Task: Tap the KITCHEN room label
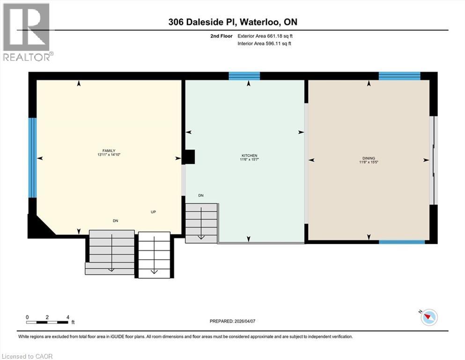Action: (249, 156)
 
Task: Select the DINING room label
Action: (369, 158)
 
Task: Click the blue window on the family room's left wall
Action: (32, 157)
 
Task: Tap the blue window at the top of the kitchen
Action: (244, 76)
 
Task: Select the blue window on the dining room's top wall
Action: (399, 76)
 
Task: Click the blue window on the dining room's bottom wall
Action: (402, 242)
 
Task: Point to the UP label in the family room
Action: (153, 212)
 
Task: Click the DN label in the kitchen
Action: (200, 195)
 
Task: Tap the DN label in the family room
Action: (115, 220)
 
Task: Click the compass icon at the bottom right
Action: (428, 317)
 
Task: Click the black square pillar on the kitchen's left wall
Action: (189, 157)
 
